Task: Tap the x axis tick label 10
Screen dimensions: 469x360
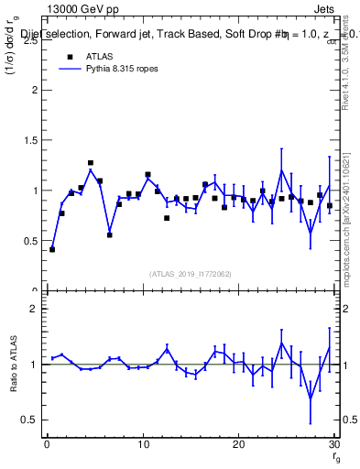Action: coord(142,445)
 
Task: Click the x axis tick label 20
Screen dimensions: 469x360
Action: coord(238,445)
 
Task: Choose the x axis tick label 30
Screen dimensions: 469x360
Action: coord(333,445)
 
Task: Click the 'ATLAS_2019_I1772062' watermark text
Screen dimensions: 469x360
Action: coord(190,273)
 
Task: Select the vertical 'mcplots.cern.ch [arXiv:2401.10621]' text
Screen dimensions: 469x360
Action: coord(348,211)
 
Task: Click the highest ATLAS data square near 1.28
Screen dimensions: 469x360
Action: coord(91,163)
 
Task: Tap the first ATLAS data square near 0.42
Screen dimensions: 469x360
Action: coord(52,249)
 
